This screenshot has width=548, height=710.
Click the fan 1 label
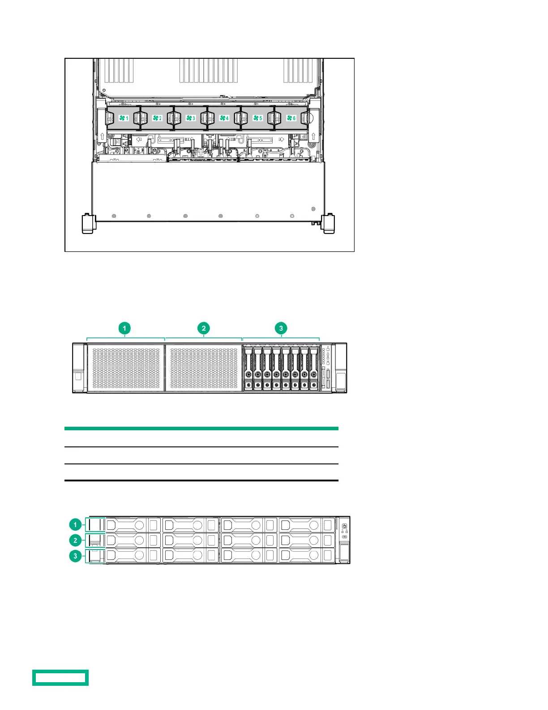124,118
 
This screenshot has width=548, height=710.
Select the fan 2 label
157,118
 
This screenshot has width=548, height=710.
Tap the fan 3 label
191,118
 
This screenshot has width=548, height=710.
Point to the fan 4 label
224,118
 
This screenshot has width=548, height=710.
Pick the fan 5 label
257,118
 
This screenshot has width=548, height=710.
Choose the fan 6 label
291,118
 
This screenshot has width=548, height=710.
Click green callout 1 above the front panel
124,328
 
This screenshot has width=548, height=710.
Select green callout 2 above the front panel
204,328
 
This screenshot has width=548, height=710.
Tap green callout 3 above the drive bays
281,328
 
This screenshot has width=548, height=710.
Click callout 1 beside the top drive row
75,524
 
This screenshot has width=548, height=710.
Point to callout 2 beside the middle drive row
75,540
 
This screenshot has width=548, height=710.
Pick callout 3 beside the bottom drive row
75,556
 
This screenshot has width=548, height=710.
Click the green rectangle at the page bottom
60,677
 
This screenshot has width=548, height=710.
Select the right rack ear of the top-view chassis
328,224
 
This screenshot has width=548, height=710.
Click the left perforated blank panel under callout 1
126,368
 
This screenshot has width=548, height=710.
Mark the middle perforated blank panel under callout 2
204,368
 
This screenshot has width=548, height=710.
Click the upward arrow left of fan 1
102,136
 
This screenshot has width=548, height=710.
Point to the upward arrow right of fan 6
313,136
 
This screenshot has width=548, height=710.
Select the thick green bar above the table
201,429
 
